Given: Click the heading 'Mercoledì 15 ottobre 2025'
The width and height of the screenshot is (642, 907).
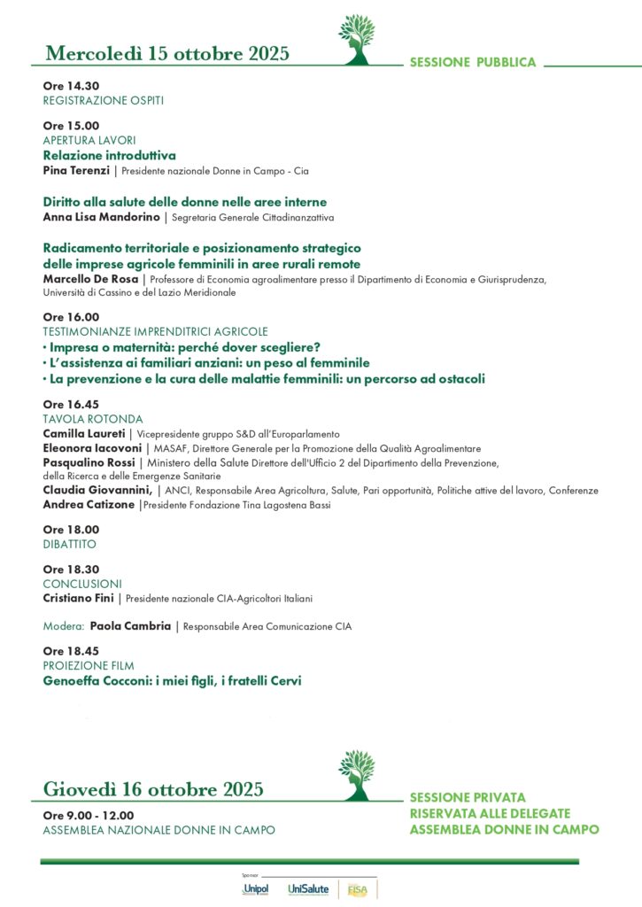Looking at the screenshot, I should point(167,54).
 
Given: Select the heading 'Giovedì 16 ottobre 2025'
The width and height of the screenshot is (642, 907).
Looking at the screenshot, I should point(153,789).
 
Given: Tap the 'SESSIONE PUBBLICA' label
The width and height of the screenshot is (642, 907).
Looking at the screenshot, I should point(473,63).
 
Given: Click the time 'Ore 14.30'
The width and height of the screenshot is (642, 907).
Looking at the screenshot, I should point(71,86).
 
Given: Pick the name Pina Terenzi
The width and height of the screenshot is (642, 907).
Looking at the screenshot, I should point(76,170).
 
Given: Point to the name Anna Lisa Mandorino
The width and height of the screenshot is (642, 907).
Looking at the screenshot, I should point(102,217).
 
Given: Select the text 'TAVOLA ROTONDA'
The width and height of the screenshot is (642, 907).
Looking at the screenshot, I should point(93,419).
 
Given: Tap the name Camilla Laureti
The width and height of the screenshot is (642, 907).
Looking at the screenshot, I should point(84,434).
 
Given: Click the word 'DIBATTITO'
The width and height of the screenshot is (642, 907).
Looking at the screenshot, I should point(70,544).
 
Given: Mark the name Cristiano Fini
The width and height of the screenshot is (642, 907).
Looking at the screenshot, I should point(79,599).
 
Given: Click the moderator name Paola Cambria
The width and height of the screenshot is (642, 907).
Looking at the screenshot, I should point(131,626).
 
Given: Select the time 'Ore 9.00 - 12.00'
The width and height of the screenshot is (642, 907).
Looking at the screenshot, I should point(89,816).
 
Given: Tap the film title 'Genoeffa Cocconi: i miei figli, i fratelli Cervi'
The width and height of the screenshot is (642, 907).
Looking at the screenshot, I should point(173,681).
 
